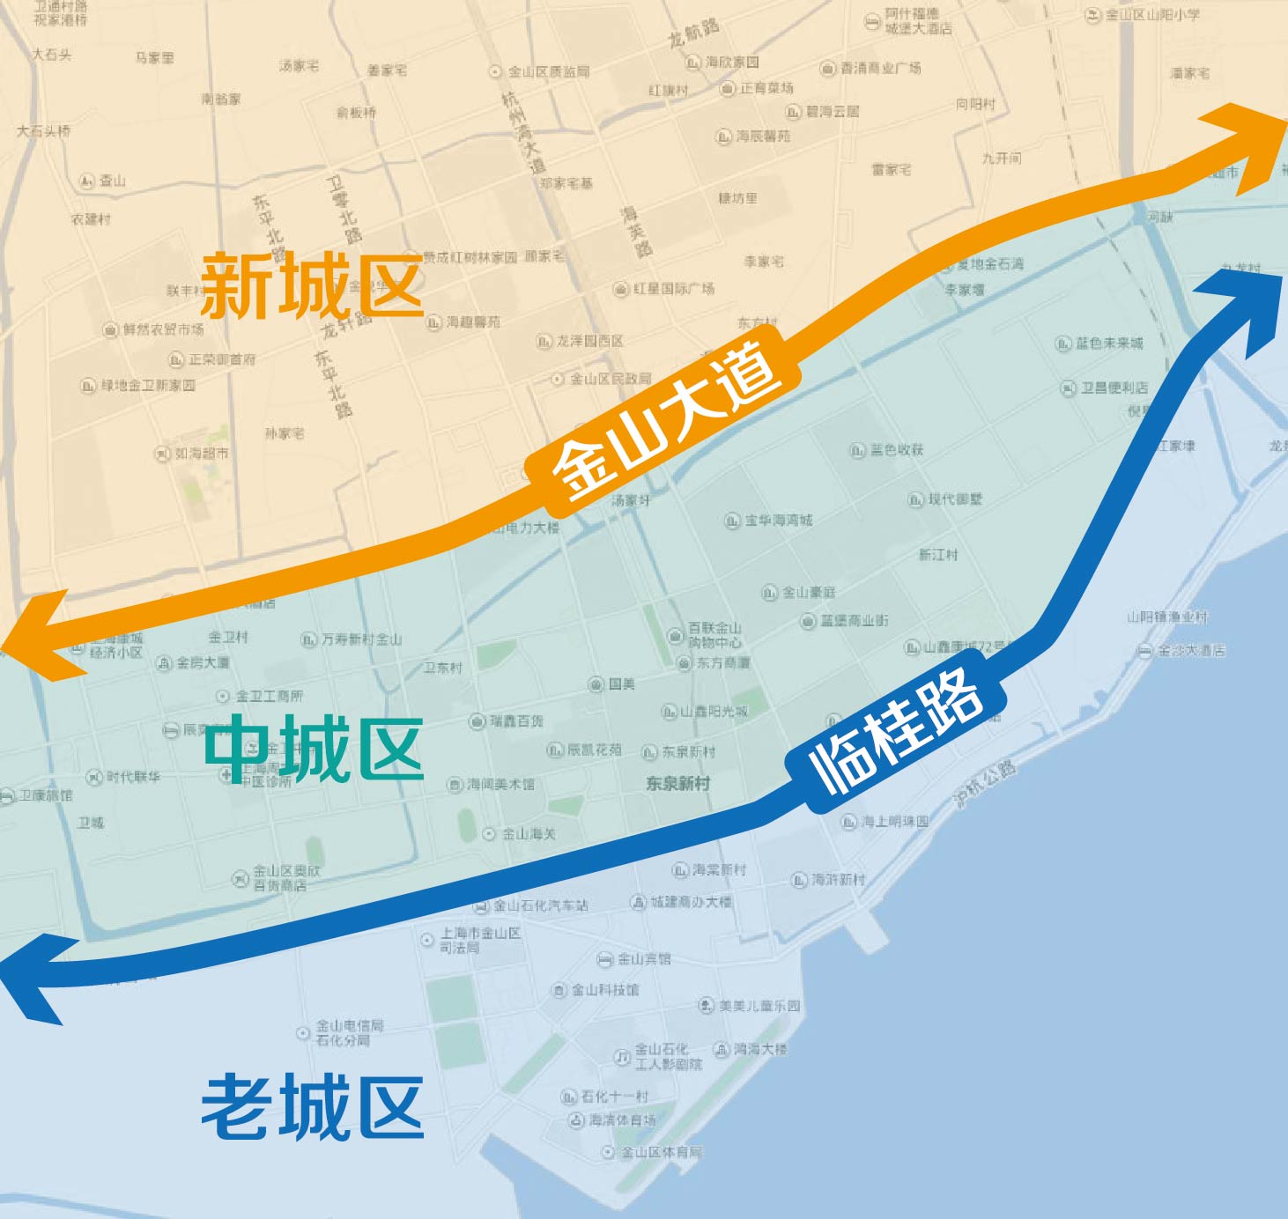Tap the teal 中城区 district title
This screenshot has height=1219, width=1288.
(x=315, y=749)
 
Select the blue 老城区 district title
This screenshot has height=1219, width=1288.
(x=313, y=1106)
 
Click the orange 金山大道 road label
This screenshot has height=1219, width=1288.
(x=665, y=421)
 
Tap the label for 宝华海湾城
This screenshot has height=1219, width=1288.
(x=779, y=521)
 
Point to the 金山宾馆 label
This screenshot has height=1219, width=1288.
(x=644, y=959)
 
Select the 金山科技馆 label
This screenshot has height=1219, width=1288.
(x=605, y=990)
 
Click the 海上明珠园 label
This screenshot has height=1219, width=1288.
(x=895, y=822)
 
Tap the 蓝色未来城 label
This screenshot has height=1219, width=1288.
(x=1109, y=343)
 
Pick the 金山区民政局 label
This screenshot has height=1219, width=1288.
(x=611, y=379)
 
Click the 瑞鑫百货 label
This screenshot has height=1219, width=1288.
(x=517, y=721)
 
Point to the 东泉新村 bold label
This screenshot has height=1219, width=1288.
(x=678, y=783)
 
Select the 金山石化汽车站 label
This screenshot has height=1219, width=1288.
(x=540, y=905)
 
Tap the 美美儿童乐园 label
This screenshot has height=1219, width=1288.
(x=759, y=1005)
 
